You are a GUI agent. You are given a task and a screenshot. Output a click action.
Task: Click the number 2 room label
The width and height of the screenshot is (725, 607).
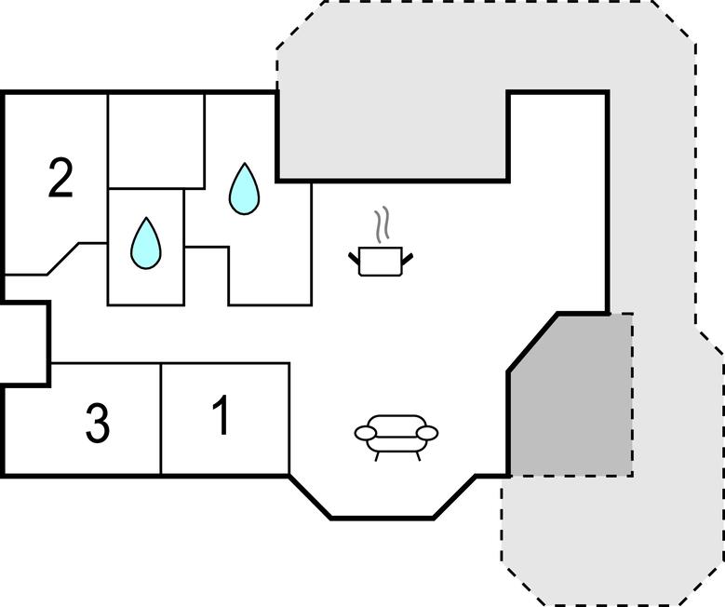pos(60,178)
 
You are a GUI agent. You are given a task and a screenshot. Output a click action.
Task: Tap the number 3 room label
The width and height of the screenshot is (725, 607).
pos(97,424)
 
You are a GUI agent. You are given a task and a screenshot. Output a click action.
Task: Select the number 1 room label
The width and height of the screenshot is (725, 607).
pos(221,415)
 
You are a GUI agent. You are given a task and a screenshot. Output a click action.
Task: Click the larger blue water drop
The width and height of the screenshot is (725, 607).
pos(244,189)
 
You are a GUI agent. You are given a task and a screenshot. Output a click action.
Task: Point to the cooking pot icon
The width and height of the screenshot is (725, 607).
pos(380,260)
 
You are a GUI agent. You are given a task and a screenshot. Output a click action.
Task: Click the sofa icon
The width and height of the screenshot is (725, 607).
pos(396,436)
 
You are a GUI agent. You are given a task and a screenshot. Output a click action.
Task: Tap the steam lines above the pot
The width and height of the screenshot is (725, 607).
pos(380,224)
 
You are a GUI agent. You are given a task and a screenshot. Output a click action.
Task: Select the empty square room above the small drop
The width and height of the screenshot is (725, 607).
pos(156,141)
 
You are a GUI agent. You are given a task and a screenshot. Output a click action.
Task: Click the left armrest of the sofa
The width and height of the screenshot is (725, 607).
pos(366,433)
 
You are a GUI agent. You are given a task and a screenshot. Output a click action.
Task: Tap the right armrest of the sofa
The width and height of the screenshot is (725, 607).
pos(427,433)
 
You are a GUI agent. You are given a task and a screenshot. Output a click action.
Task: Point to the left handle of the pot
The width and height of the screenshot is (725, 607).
pos(354,255)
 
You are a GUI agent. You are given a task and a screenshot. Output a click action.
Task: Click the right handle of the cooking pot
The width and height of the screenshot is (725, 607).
pos(407,255)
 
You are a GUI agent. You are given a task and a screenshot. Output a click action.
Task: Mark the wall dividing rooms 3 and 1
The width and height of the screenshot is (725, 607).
pos(161,419)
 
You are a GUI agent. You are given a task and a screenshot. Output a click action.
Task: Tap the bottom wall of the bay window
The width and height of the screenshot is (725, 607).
pos(382,517)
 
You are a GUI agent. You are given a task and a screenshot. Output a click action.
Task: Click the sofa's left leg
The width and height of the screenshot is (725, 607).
pos(377,455)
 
